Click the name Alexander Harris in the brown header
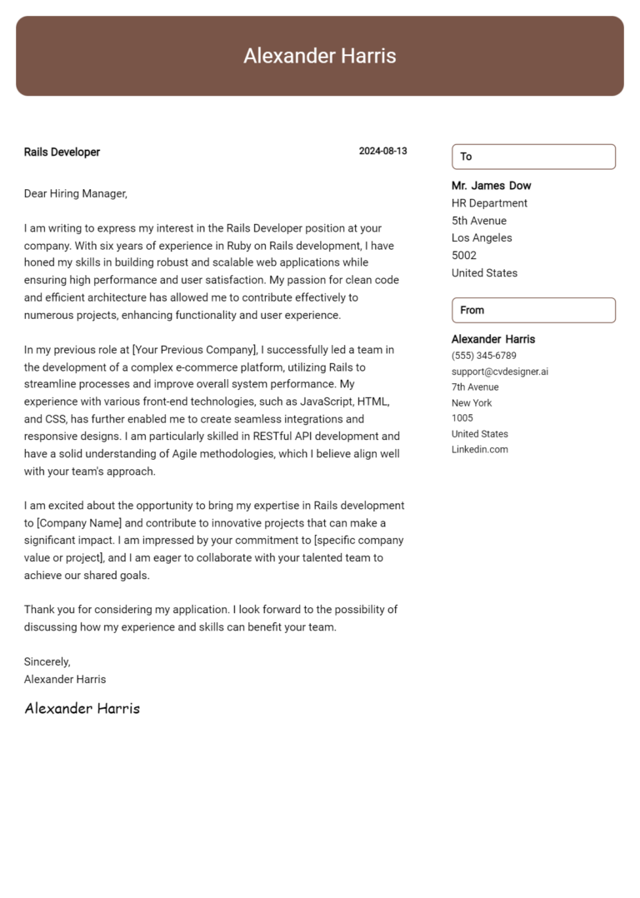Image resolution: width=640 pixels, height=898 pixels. coord(319,56)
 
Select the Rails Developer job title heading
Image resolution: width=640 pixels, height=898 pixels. coord(62,152)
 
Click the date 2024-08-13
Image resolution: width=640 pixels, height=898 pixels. coord(382,151)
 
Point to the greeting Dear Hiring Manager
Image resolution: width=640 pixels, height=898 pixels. coord(75,193)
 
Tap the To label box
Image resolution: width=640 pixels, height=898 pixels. coord(533,157)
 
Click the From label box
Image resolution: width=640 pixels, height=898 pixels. coord(533,310)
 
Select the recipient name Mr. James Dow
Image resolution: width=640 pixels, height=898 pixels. coord(491,186)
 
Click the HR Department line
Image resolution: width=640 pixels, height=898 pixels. coord(489,203)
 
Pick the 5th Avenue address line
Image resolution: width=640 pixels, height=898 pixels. coord(478,221)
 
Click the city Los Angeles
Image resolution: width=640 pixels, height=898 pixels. coord(482,238)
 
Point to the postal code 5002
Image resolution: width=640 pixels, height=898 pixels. coord(464,256)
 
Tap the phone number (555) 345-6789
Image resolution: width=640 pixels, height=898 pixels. coord(483,356)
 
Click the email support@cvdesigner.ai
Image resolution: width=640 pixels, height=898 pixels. coord(499,372)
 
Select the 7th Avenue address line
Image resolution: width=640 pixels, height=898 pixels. coord(475,387)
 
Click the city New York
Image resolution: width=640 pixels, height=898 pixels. coord(472,403)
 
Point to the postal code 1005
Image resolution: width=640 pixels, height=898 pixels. coord(462,418)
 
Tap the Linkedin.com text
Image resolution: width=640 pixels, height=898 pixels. coord(479,450)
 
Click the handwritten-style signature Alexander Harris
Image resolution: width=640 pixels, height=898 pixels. coord(82,709)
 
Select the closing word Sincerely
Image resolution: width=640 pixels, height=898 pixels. coord(47,661)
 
